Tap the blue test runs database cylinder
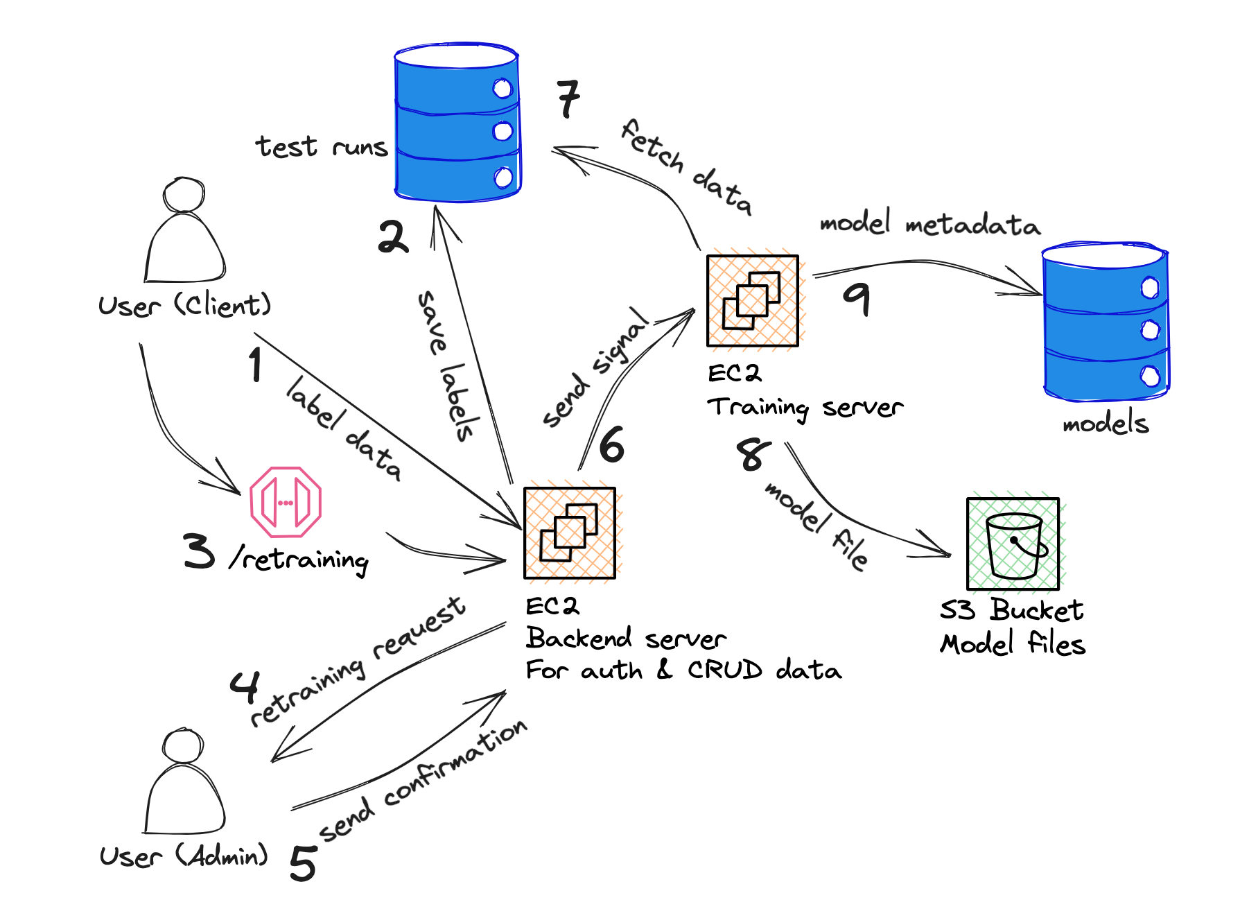point(457,123)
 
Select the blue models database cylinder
point(1106,322)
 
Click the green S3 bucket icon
point(1013,544)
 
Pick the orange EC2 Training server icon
point(753,301)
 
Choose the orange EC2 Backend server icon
point(570,533)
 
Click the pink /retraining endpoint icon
point(286,502)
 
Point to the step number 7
point(568,99)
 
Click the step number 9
point(857,297)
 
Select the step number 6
point(611,444)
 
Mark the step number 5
point(303,863)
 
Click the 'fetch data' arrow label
point(685,167)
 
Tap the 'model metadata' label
point(929,224)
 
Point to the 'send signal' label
point(596,367)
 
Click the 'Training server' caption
point(805,408)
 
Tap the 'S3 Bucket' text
point(1011,610)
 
